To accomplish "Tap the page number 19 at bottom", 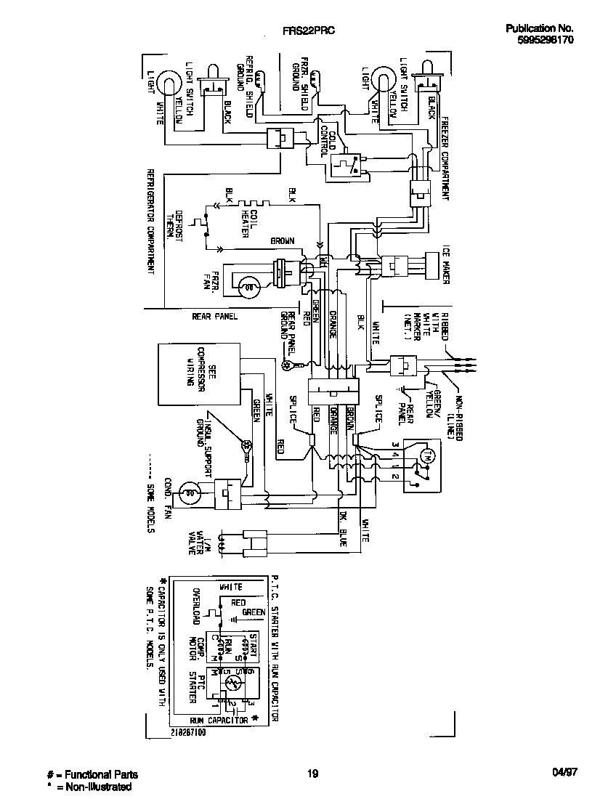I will [x=312, y=774].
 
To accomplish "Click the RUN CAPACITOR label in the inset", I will [x=219, y=720].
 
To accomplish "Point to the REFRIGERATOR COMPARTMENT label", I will [x=150, y=222].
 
